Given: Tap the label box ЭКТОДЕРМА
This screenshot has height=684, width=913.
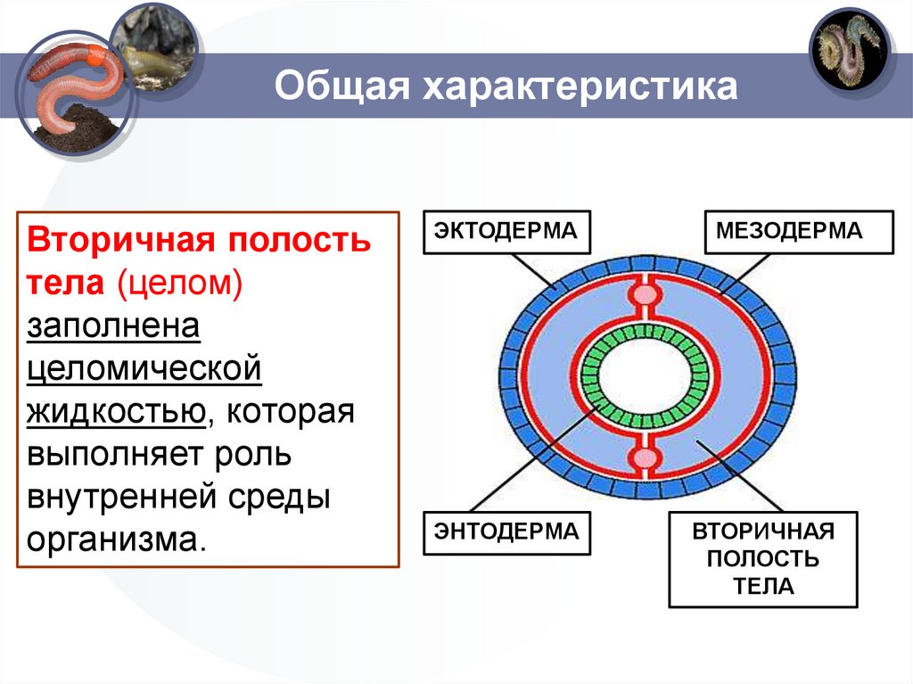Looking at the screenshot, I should pos(506,232).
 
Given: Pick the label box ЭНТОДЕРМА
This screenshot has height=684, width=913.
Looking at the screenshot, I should pos(506,532).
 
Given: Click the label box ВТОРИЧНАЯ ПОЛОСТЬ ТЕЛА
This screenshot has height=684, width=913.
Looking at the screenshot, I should pos(762,559).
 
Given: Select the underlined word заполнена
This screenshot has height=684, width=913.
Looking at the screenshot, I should pos(113,326).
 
